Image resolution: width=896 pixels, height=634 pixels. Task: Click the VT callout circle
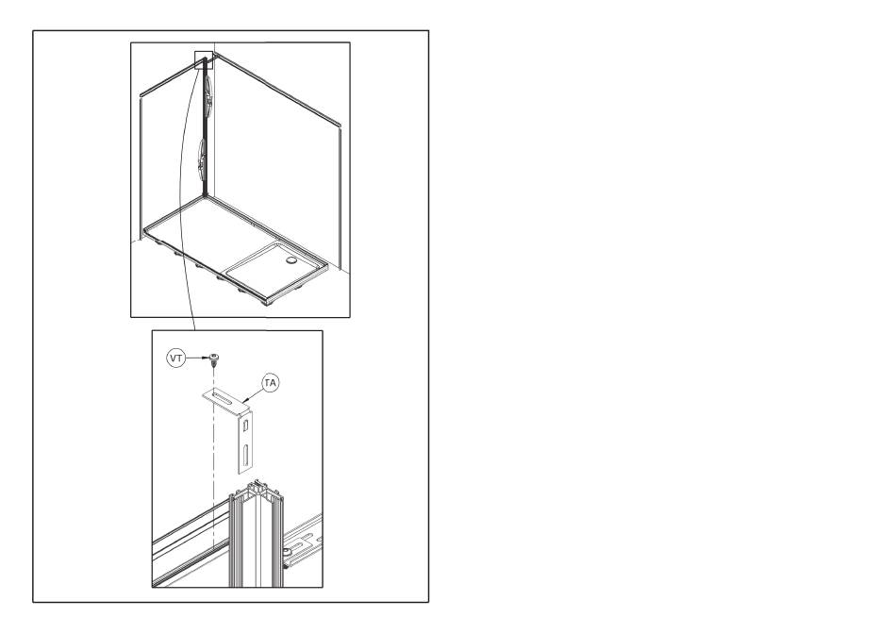click(176, 359)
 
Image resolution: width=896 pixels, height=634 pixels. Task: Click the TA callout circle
click(271, 383)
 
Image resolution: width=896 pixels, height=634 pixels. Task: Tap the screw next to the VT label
click(215, 359)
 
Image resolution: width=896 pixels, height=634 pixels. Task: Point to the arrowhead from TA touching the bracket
click(243, 399)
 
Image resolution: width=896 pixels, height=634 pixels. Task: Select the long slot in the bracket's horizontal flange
click(222, 397)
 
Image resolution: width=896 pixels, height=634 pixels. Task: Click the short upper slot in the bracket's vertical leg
click(245, 425)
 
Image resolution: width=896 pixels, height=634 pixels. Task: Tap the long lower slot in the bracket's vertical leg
click(245, 455)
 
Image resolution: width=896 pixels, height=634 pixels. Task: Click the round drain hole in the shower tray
click(292, 260)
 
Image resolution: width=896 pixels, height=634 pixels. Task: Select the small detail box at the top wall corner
click(204, 60)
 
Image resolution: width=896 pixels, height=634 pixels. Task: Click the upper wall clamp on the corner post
click(209, 93)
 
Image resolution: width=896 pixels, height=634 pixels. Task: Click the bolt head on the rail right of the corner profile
click(287, 552)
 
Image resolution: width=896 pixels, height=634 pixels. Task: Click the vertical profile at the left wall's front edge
click(141, 166)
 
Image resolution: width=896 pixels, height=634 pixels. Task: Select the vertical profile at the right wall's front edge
click(340, 197)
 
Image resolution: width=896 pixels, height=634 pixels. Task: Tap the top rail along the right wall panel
click(277, 90)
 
